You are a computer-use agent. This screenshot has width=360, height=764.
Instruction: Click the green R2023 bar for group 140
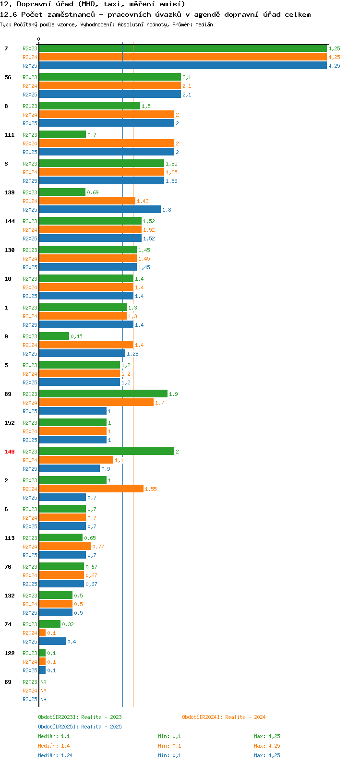click(x=107, y=451)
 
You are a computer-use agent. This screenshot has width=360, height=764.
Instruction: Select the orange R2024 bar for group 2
click(x=91, y=489)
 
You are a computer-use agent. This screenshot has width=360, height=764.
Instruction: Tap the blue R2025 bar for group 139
click(x=100, y=209)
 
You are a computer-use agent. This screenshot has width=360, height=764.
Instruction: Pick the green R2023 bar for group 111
click(x=62, y=134)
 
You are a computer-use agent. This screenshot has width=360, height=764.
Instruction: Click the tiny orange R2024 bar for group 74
click(x=42, y=633)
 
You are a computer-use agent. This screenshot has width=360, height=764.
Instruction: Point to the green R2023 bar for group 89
click(x=103, y=394)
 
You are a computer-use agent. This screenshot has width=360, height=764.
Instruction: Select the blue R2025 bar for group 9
click(x=82, y=353)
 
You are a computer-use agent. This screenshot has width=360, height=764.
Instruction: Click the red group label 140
click(x=10, y=452)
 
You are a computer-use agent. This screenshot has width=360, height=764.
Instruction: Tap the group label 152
click(x=10, y=423)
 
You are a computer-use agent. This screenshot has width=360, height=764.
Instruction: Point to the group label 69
click(x=8, y=682)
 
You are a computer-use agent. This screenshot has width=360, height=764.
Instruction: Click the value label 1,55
click(x=151, y=489)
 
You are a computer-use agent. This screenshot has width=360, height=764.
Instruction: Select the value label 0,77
click(x=98, y=547)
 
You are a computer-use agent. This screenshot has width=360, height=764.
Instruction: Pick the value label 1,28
click(x=132, y=354)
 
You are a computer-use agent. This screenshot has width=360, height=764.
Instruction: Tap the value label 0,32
click(x=68, y=624)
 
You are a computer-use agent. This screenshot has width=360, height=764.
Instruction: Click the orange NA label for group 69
click(x=43, y=691)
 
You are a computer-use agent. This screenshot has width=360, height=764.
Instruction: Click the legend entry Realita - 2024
click(x=224, y=717)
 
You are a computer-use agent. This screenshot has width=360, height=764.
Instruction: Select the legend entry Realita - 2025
click(x=80, y=727)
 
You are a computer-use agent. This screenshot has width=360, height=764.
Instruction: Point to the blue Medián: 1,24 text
click(x=55, y=755)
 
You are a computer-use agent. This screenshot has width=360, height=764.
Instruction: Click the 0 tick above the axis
click(x=39, y=39)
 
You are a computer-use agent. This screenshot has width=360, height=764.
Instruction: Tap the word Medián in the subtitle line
click(x=204, y=24)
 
